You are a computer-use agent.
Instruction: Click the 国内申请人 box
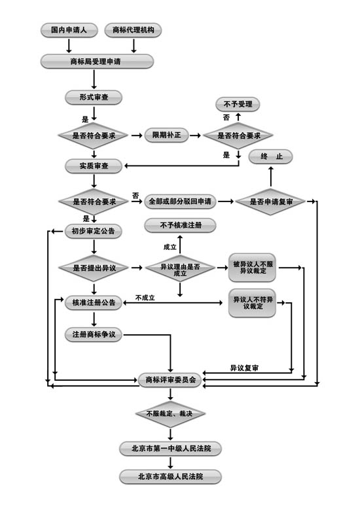[x=69, y=30]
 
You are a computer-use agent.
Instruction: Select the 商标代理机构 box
[x=133, y=30]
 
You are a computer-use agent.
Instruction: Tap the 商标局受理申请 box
[x=97, y=61]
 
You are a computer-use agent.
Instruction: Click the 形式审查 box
[x=94, y=97]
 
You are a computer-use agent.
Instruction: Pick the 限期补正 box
[x=166, y=135]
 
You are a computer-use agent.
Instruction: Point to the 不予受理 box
[x=238, y=105]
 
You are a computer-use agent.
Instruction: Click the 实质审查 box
[x=94, y=166]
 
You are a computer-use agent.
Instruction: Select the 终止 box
[x=270, y=157]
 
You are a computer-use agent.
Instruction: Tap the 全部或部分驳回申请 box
[x=180, y=202]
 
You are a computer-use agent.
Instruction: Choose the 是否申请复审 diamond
[x=270, y=202]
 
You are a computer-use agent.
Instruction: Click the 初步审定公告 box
[x=94, y=231]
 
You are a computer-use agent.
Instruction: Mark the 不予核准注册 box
[x=180, y=225]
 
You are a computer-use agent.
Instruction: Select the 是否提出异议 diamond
[x=94, y=268]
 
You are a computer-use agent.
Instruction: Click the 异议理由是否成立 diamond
[x=180, y=268]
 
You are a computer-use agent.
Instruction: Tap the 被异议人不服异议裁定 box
[x=253, y=268]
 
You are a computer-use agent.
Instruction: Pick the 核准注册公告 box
[x=94, y=302]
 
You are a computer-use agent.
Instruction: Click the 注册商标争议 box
[x=94, y=334]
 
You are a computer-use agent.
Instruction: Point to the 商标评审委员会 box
[x=170, y=379]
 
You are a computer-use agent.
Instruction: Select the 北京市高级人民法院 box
[x=170, y=476]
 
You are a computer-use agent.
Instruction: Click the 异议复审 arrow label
[x=244, y=368]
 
